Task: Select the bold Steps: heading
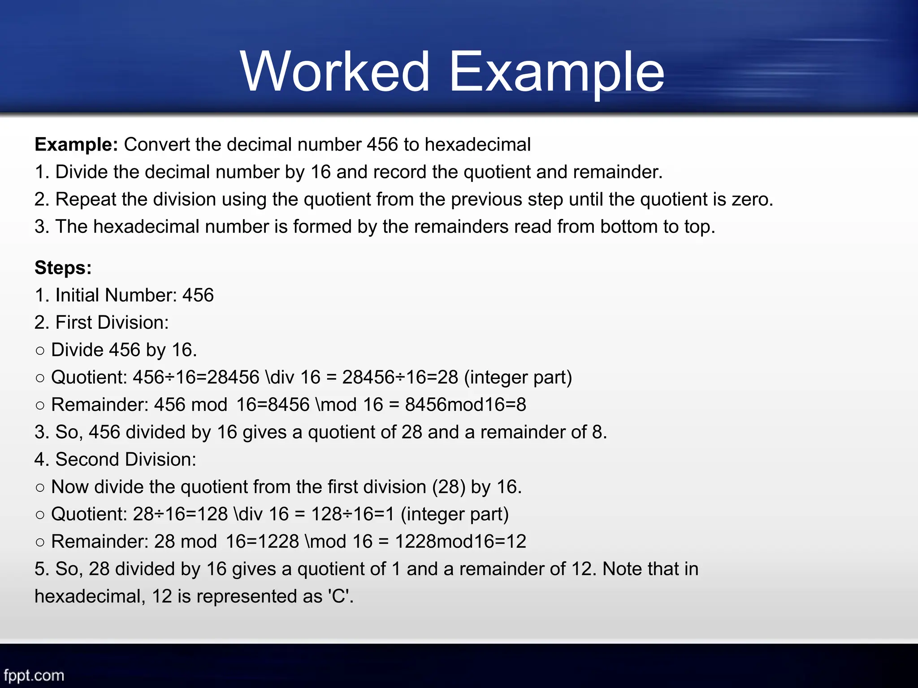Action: (x=63, y=268)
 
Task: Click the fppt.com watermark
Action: (x=34, y=675)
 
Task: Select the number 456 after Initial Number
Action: (x=198, y=295)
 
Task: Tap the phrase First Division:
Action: (x=112, y=322)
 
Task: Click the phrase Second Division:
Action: (x=126, y=460)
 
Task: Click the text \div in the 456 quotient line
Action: (x=280, y=377)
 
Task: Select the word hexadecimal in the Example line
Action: (x=477, y=145)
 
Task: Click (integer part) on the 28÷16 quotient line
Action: (x=455, y=514)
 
